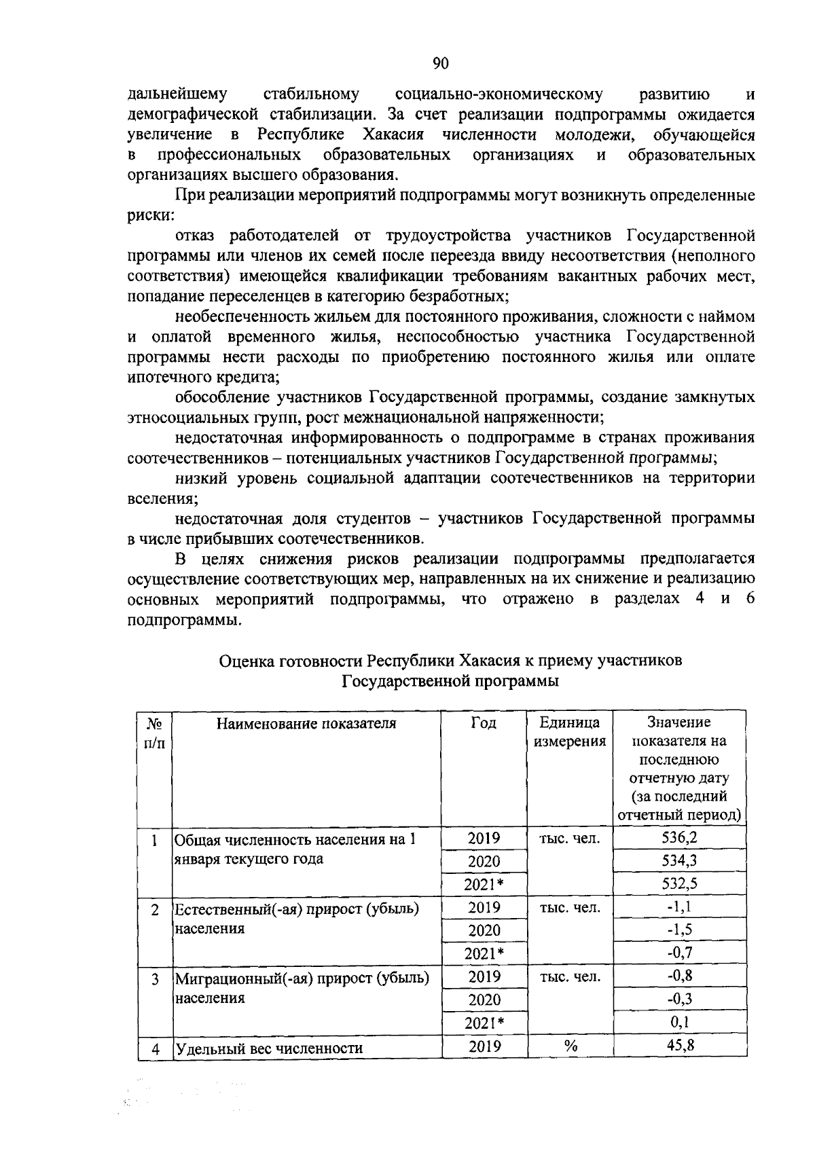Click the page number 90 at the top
[441, 64]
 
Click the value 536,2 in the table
[679, 837]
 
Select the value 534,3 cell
[679, 860]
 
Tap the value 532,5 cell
[679, 883]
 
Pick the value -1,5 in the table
[679, 930]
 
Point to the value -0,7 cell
[679, 953]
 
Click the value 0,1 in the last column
[680, 1023]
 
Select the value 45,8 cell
[680, 1046]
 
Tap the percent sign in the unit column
[570, 1047]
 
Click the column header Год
[484, 722]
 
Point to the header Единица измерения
[570, 731]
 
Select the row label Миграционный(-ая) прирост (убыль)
[302, 978]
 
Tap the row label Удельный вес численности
[268, 1048]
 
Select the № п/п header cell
[155, 733]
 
